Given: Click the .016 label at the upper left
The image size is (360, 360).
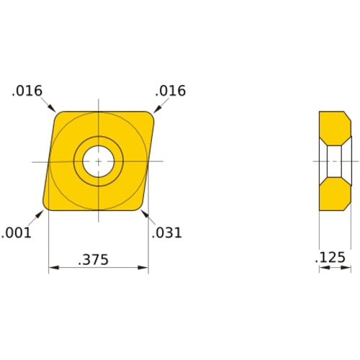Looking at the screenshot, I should tap(27, 91).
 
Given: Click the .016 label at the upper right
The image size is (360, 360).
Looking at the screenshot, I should tap(171, 91).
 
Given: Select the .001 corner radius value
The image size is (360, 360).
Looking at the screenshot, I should tap(16, 233).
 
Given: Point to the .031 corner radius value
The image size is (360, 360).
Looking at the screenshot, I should tap(167, 233).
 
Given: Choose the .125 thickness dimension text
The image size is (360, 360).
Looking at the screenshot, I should tap(330, 258).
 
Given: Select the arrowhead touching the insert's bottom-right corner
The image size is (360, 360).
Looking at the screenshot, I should tap(144, 212).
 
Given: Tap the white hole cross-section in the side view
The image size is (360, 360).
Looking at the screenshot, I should tap(335, 161).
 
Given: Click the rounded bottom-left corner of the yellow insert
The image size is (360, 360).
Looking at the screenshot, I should tap(48, 207).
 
